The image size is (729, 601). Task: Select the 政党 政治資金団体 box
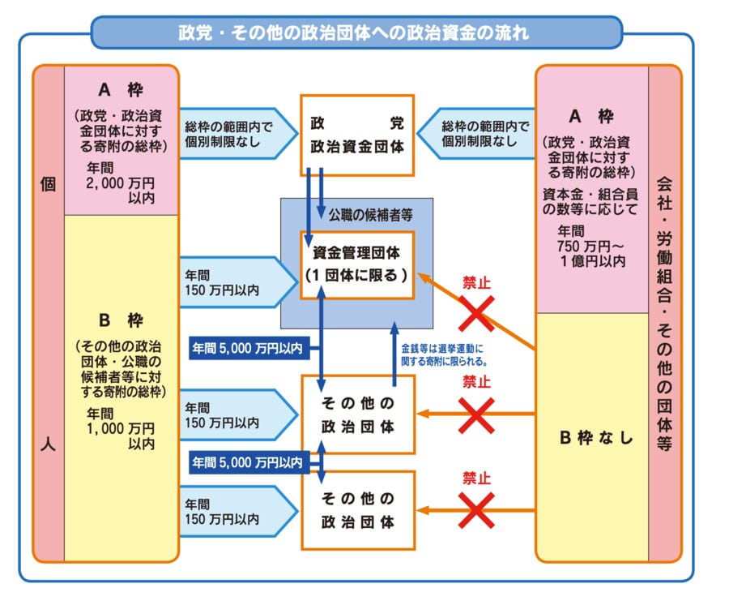click(x=357, y=135)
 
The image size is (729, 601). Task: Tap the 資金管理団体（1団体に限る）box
click(x=357, y=264)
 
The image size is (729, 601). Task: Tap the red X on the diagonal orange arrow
click(x=477, y=312)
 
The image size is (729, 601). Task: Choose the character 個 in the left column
click(x=48, y=184)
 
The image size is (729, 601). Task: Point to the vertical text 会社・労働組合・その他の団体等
click(x=664, y=312)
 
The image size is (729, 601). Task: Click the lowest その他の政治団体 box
click(x=357, y=509)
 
